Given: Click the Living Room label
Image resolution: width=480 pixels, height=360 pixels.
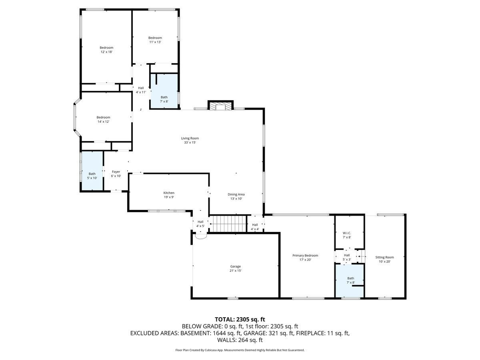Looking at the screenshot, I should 190,138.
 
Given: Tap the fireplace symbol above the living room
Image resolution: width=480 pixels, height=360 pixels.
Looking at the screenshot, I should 220,106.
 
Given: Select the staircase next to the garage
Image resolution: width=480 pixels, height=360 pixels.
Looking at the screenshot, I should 228,223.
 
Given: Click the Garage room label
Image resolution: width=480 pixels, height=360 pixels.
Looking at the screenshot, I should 235,266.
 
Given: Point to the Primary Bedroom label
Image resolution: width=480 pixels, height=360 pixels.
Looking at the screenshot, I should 305,256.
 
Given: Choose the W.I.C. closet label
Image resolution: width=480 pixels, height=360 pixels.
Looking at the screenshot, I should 346,233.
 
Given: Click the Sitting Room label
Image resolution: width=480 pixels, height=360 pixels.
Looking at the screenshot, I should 384,257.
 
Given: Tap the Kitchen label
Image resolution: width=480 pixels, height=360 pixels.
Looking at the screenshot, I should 168,193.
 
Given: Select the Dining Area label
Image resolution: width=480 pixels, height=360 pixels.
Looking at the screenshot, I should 236,194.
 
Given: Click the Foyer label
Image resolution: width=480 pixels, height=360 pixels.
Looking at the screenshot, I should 116,172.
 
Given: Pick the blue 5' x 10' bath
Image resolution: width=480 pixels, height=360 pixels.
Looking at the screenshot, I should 92,172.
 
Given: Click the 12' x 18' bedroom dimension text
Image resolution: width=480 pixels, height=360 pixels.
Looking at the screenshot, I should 106,52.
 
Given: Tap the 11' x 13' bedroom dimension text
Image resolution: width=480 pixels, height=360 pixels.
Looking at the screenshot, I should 155,42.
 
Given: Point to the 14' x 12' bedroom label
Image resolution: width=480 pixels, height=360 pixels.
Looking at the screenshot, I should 103,117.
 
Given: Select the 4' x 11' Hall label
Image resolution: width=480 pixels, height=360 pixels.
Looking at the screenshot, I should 141,88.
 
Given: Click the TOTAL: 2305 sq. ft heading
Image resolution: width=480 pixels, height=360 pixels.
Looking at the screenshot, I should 240,319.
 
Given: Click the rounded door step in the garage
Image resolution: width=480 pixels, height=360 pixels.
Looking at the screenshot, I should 200,236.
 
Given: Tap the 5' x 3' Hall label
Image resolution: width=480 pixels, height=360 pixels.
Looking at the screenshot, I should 347,255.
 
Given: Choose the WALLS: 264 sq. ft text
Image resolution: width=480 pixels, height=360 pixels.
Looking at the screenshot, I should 240,340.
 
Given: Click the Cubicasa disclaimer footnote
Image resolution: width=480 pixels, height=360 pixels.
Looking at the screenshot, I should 240,350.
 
